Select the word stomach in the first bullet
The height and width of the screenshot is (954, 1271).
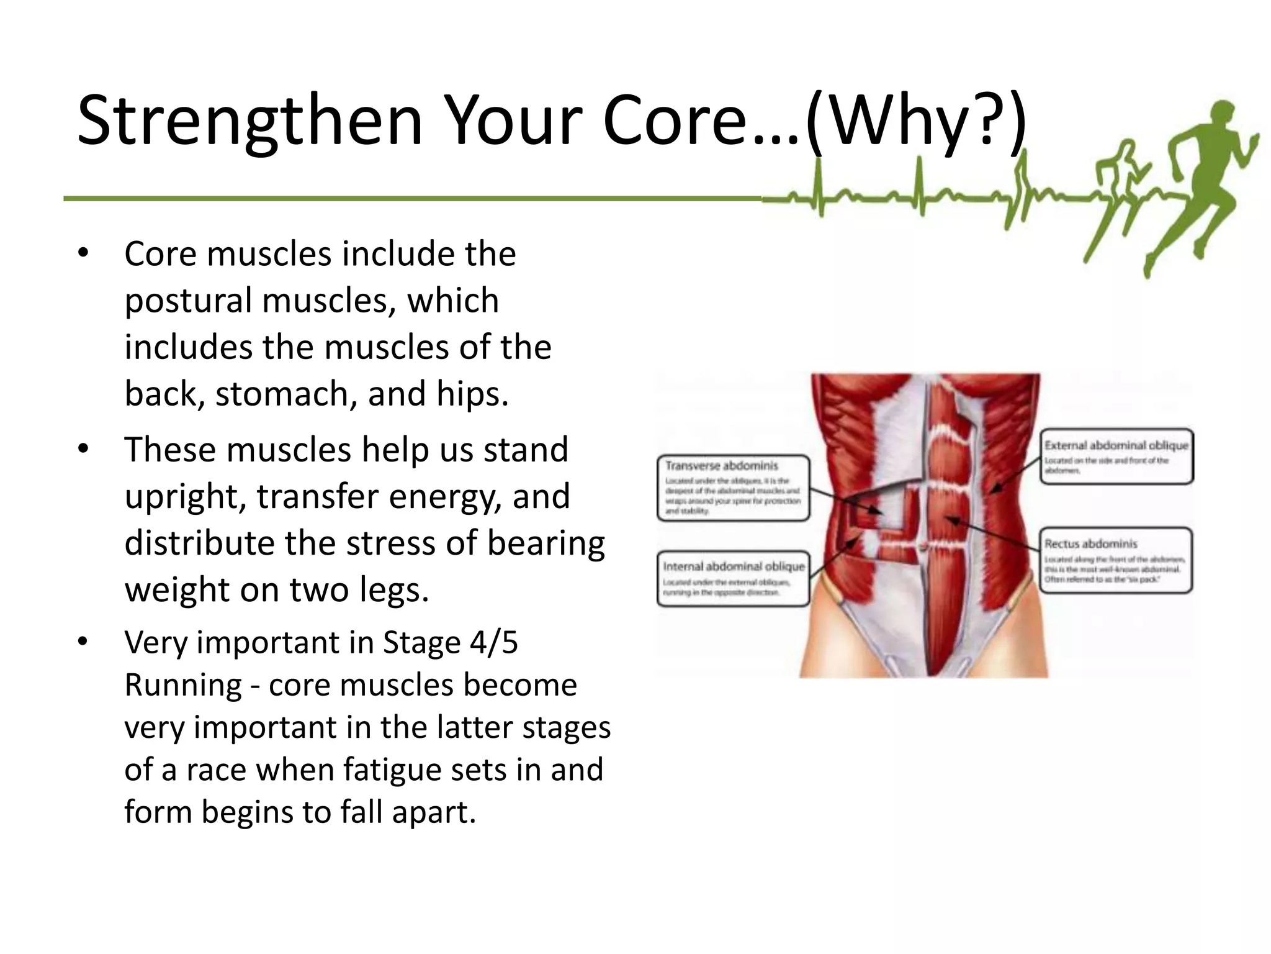coord(286,394)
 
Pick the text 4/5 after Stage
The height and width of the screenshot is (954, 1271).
coord(493,642)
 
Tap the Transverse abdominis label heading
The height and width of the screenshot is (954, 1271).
coord(721,466)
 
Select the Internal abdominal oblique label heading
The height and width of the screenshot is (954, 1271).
coord(733,566)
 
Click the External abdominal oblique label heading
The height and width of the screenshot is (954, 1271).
coord(1115,445)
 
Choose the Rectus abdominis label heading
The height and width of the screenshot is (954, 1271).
coord(1090,544)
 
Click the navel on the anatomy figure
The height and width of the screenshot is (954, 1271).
coord(924,547)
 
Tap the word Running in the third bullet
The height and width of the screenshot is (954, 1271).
coord(182,685)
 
